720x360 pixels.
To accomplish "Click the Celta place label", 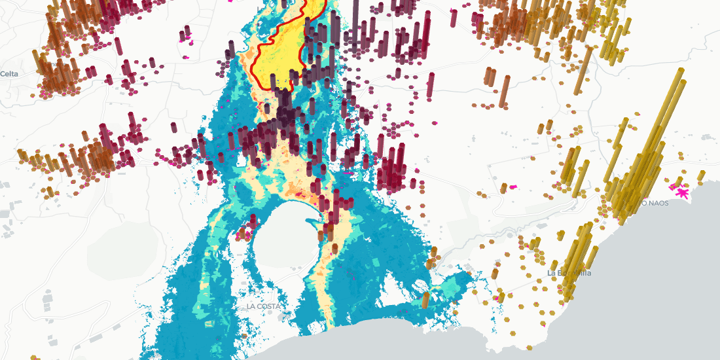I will click(x=9, y=74).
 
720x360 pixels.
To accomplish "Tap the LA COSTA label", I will click(x=264, y=306).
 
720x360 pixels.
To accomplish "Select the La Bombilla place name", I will click(x=569, y=273).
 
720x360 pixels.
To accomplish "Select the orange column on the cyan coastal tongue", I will click(x=425, y=300).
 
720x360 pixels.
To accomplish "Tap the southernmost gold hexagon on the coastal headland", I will click(x=543, y=323).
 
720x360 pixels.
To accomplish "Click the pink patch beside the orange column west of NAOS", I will click(x=513, y=187).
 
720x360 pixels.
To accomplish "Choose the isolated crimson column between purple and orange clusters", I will click(x=431, y=85).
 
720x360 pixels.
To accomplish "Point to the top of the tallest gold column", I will click(x=681, y=71).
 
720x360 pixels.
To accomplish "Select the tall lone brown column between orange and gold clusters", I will click(x=505, y=92).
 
